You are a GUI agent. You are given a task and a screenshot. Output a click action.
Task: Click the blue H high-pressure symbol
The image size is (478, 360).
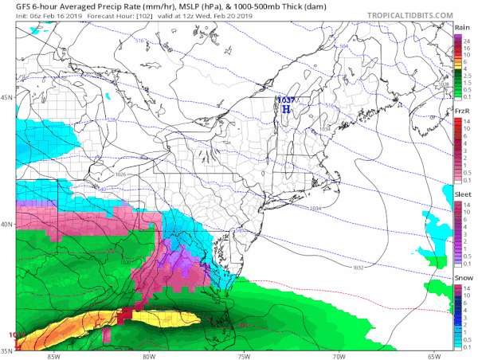[285, 108]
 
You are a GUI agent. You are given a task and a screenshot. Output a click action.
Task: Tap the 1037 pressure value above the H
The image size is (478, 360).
[285, 100]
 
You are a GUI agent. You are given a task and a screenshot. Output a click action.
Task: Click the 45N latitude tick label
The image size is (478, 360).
[6, 97]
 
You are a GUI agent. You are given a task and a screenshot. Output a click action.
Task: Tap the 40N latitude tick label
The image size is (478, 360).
[6, 224]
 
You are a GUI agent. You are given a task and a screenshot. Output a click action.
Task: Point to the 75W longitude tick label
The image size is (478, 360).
[244, 356]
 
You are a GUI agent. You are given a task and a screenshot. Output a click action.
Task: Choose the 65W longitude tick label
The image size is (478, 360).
[433, 356]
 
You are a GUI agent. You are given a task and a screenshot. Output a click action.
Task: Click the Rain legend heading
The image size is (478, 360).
[461, 27]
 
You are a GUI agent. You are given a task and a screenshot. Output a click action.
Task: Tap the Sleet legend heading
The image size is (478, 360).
[462, 193]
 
